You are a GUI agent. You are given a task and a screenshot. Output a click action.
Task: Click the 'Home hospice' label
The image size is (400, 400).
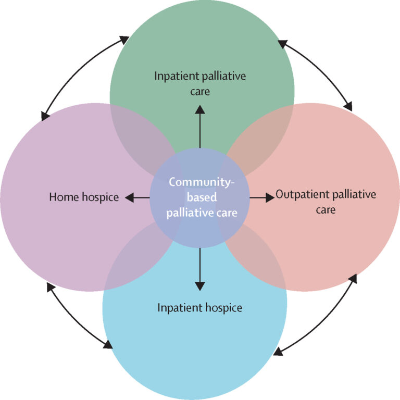pyautogui.click(x=84, y=197)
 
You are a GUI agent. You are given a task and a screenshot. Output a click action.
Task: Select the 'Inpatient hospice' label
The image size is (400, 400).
pyautogui.click(x=200, y=308)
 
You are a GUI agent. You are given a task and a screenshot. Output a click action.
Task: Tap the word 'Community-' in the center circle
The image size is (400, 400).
pyautogui.click(x=202, y=182)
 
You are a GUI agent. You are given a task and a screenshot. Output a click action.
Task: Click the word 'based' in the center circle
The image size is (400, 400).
pyautogui.click(x=202, y=197)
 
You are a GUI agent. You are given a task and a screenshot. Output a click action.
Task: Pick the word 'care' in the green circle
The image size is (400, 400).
pyautogui.click(x=200, y=92)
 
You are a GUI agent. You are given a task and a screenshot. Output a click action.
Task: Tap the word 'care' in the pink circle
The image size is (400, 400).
pyautogui.click(x=326, y=210)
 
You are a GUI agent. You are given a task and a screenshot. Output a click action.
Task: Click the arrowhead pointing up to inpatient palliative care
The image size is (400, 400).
pyautogui.click(x=200, y=109)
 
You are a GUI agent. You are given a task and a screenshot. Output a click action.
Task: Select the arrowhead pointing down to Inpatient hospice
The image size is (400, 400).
pyautogui.click(x=200, y=286)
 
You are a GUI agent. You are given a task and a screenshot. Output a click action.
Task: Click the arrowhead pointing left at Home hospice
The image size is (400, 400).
pyautogui.click(x=130, y=197)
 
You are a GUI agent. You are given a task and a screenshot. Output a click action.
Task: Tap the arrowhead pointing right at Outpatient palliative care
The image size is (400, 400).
pyautogui.click(x=270, y=197)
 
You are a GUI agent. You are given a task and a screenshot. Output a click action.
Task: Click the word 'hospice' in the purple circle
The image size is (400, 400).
pyautogui.click(x=100, y=197)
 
